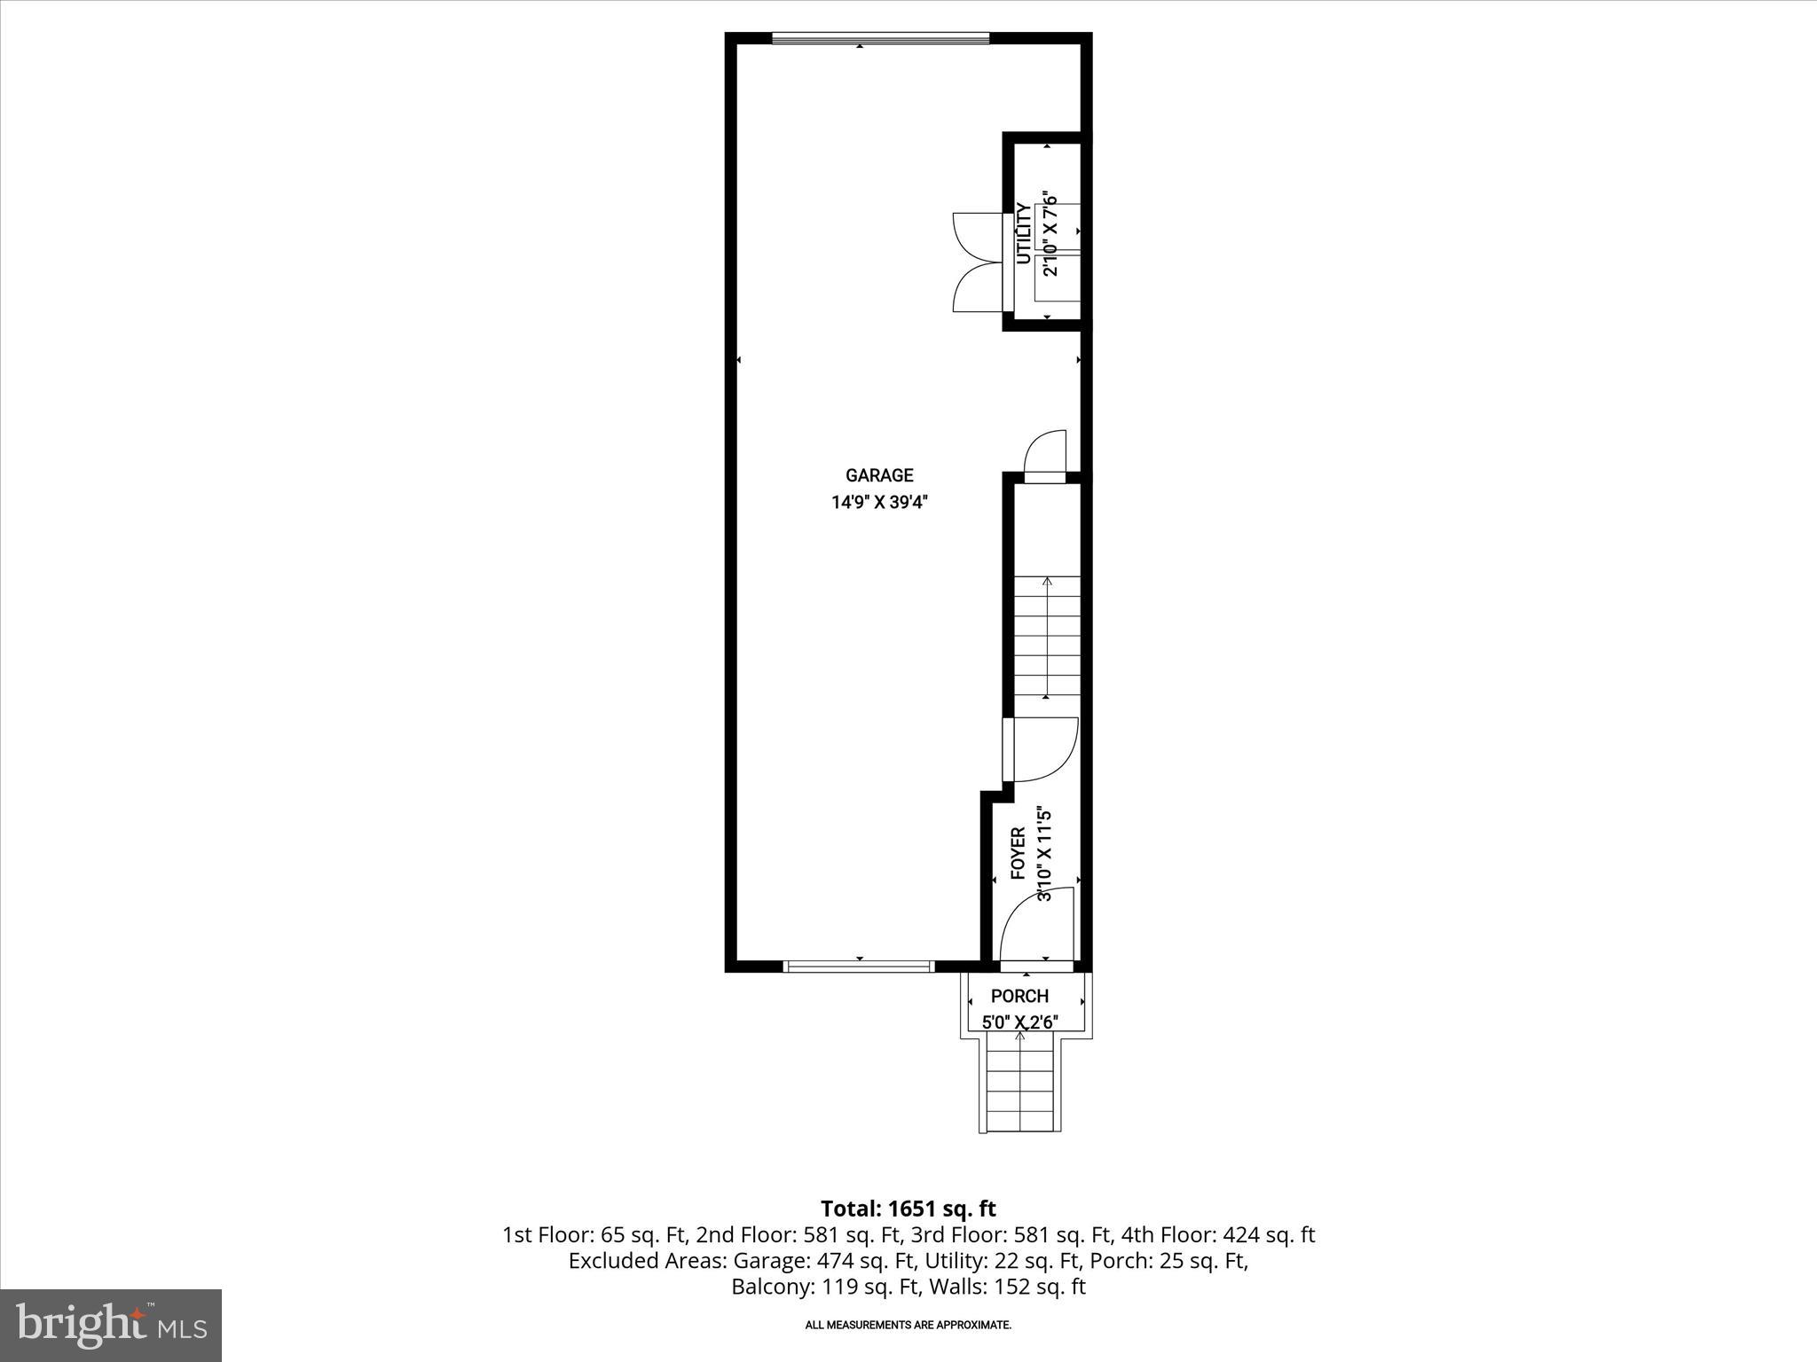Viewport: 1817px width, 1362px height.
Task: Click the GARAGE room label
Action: pyautogui.click(x=878, y=475)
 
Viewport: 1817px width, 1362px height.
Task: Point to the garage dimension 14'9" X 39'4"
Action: pyautogui.click(x=878, y=503)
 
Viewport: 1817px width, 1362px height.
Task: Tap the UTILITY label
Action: pyautogui.click(x=1024, y=233)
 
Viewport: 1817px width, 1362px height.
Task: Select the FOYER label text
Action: pyautogui.click(x=1019, y=853)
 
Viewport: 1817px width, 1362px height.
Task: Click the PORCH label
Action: pyautogui.click(x=1019, y=996)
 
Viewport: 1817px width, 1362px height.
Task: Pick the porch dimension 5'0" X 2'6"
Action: pyautogui.click(x=1019, y=1022)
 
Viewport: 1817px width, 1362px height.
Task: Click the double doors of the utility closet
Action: pyautogui.click(x=978, y=262)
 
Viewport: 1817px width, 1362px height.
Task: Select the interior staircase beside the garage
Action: pyautogui.click(x=1047, y=636)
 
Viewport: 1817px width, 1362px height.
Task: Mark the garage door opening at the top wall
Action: pyautogui.click(x=880, y=38)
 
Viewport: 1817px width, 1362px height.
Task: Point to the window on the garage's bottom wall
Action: pyautogui.click(x=859, y=966)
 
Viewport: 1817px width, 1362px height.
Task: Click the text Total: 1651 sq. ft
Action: pyautogui.click(x=908, y=1209)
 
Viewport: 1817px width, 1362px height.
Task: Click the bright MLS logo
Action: pyautogui.click(x=111, y=1325)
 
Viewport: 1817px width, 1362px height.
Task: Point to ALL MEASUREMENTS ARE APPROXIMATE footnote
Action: pyautogui.click(x=908, y=1326)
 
